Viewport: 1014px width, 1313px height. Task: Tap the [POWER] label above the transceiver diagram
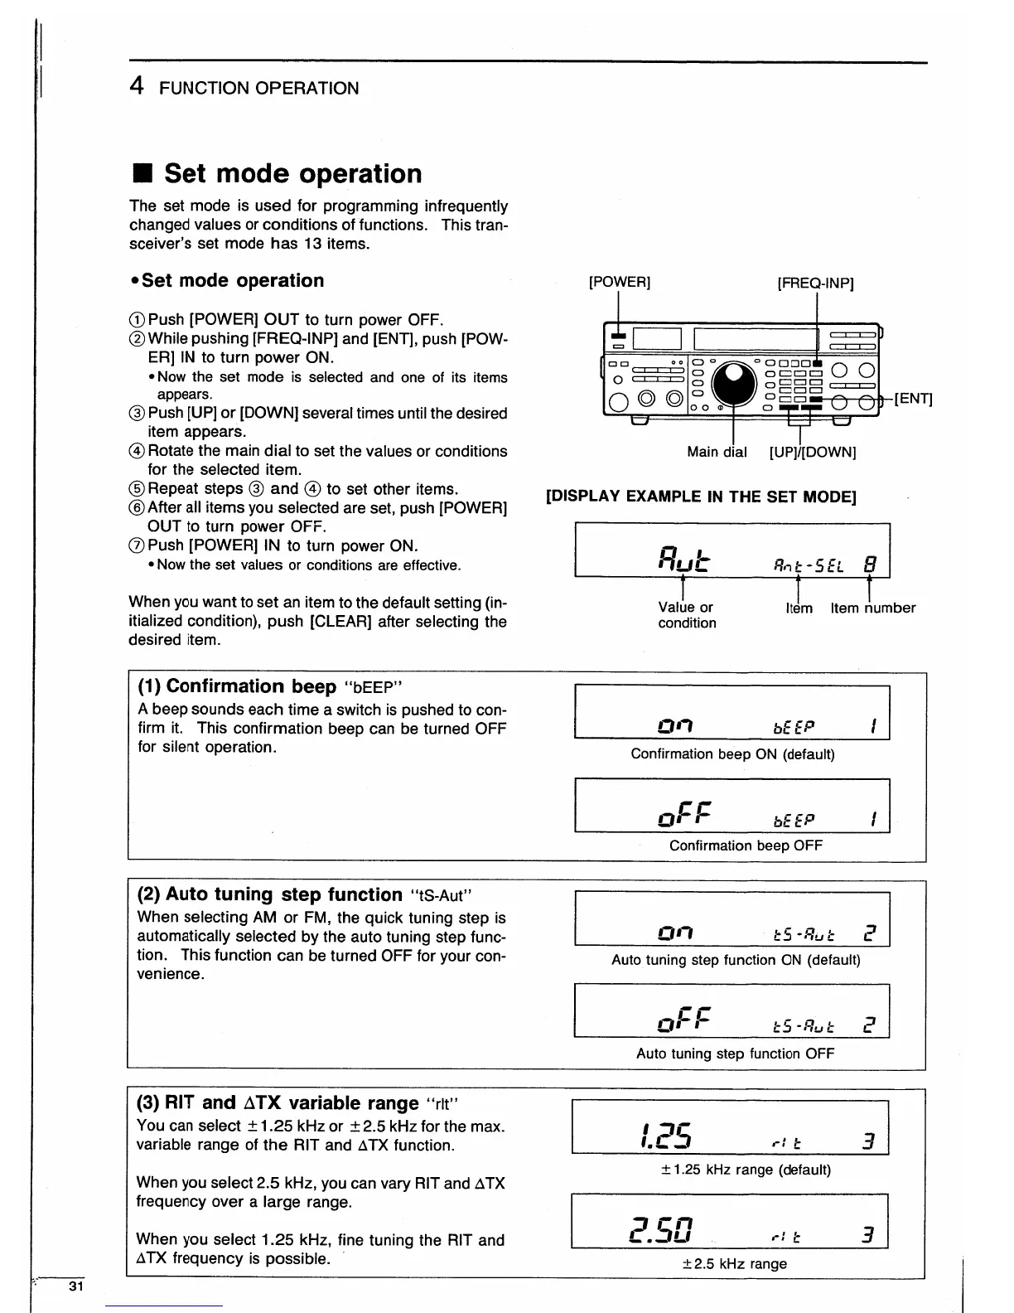[619, 282]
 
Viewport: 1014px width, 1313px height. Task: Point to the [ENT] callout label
[914, 399]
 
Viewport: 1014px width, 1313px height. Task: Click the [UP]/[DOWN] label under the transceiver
[813, 453]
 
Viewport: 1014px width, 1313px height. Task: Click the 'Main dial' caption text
[717, 453]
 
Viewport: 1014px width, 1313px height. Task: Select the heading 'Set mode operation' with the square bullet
[277, 174]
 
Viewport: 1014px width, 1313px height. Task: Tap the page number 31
[76, 1286]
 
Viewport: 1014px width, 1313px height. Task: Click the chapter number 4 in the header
[138, 86]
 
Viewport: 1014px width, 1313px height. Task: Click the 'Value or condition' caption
[687, 615]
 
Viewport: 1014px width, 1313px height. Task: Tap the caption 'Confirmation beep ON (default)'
[732, 754]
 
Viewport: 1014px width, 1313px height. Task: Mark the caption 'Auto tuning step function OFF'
[735, 1054]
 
